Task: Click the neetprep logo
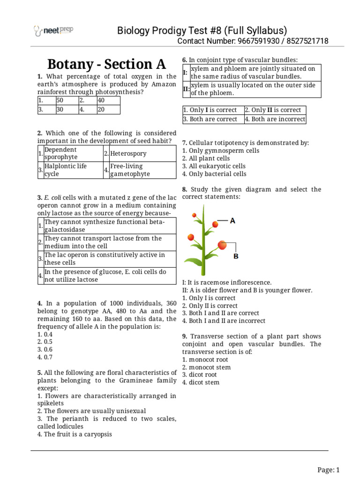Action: click(53, 31)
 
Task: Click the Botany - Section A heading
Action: click(107, 64)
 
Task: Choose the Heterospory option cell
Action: click(128, 153)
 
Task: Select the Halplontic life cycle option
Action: click(65, 170)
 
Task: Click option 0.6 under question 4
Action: click(45, 349)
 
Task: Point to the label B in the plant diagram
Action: click(236, 256)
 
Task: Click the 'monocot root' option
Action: click(204, 360)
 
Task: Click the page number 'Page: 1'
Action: click(328, 470)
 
